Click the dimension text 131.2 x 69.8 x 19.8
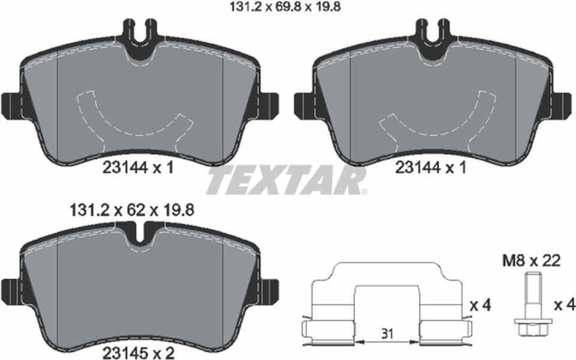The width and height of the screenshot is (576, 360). (x=284, y=7)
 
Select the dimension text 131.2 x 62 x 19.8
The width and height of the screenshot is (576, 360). (x=131, y=211)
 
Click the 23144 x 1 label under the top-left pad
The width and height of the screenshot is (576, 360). (x=138, y=168)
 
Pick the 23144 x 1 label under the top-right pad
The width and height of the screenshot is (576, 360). (x=431, y=168)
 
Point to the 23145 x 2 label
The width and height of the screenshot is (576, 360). (x=138, y=353)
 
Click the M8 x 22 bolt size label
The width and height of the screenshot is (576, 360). (x=531, y=261)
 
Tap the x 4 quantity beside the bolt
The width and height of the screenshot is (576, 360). (x=564, y=305)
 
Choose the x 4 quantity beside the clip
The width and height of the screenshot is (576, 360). (x=481, y=305)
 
